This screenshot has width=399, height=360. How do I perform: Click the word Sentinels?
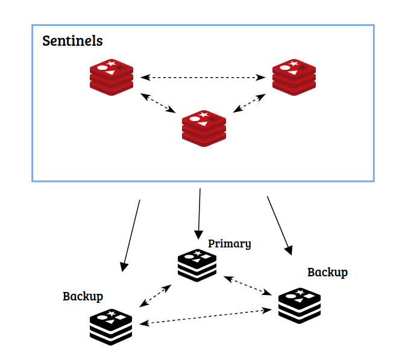coord(72,42)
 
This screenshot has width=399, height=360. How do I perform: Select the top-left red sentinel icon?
coord(112,77)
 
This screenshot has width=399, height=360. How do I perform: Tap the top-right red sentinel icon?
coord(294,77)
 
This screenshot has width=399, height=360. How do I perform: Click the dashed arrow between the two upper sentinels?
coord(203,77)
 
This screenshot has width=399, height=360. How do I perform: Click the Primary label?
coord(229,244)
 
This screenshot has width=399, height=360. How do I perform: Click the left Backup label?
coord(83,296)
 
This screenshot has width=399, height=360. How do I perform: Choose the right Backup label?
coord(327,272)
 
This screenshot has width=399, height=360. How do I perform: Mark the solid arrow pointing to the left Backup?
coord(131,235)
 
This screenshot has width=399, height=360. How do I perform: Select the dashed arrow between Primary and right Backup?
coord(247,285)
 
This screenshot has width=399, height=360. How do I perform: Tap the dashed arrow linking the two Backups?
coord(205,317)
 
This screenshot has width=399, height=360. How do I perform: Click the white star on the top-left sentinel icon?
coord(112,63)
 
